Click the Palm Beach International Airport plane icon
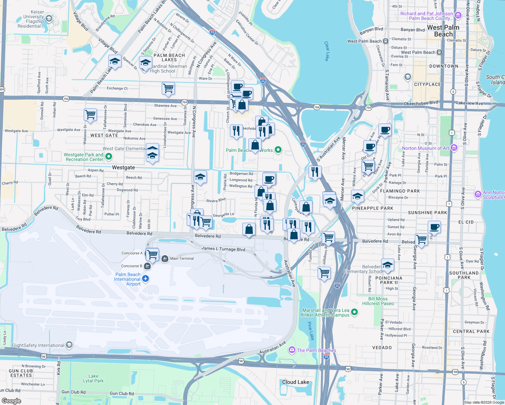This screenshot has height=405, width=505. click(145, 279)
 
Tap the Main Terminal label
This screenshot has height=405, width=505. click(182, 259)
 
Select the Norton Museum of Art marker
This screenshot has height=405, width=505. click(454, 148)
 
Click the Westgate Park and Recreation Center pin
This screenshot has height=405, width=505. click(109, 157)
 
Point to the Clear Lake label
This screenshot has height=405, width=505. click(326, 51)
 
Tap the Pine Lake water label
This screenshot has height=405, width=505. click(311, 330)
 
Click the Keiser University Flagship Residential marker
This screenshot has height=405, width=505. click(49, 19)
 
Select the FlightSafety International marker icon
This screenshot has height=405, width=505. click(69, 345)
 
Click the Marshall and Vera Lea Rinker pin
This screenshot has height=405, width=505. click(354, 312)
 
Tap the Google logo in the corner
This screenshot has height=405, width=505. click(11, 401)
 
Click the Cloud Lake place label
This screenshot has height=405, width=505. click(295, 382)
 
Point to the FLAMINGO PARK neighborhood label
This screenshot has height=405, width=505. click(400, 191)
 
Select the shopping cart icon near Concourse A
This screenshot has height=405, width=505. click(152, 254)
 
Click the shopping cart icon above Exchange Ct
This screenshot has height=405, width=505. click(168, 88)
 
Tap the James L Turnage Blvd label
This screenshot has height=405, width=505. click(223, 249)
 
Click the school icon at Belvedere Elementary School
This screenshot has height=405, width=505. click(388, 265)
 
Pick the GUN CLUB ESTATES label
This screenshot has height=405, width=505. click(21, 373)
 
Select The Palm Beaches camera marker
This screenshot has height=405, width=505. click(292, 350)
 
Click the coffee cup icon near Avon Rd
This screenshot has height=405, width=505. click(434, 227)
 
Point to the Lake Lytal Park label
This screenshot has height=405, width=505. click(94, 378)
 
